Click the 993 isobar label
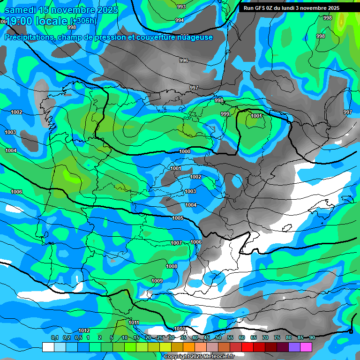click(x=181, y=7)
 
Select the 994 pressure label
click(x=179, y=20)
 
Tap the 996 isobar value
click(x=184, y=60)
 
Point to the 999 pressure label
click(x=225, y=114)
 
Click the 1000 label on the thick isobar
click(x=185, y=151)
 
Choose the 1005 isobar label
click(x=178, y=218)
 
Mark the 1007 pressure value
click(x=176, y=243)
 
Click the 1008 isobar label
click(x=172, y=266)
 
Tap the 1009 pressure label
click(x=157, y=281)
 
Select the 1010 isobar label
click(x=179, y=329)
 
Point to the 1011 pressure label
click(x=134, y=322)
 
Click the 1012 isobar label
click(x=84, y=330)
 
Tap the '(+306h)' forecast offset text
click(x=83, y=21)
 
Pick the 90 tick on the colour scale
click(x=312, y=338)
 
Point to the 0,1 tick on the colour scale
click(x=54, y=338)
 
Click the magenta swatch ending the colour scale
click(x=306, y=347)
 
